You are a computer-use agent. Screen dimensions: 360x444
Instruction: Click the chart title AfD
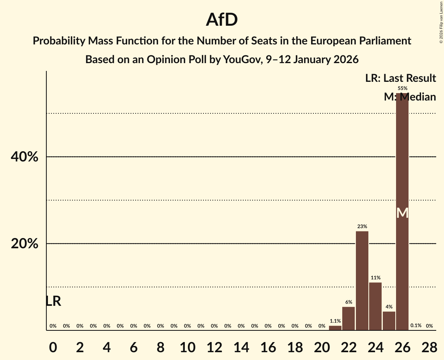[222, 20]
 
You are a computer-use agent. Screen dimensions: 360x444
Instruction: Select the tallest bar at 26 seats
[402, 156]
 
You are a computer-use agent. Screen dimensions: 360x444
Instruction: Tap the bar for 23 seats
[362, 281]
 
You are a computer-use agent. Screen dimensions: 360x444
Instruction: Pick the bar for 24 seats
[375, 306]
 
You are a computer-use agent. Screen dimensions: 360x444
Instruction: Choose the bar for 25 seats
[389, 321]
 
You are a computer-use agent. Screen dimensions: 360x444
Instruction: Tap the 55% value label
[402, 88]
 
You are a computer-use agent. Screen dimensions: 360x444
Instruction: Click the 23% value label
[362, 226]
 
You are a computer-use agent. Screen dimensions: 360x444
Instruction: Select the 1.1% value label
[335, 321]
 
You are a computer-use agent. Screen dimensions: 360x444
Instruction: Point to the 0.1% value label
[416, 326]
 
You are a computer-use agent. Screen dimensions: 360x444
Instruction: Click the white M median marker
[402, 213]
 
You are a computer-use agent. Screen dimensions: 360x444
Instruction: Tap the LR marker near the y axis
[53, 301]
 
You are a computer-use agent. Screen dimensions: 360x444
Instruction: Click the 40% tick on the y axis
[24, 157]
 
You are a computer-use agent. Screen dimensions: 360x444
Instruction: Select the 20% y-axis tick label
[24, 244]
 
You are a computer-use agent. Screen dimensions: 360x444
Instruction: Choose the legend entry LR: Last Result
[400, 78]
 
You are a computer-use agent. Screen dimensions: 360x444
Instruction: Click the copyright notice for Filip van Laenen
[441, 22]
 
